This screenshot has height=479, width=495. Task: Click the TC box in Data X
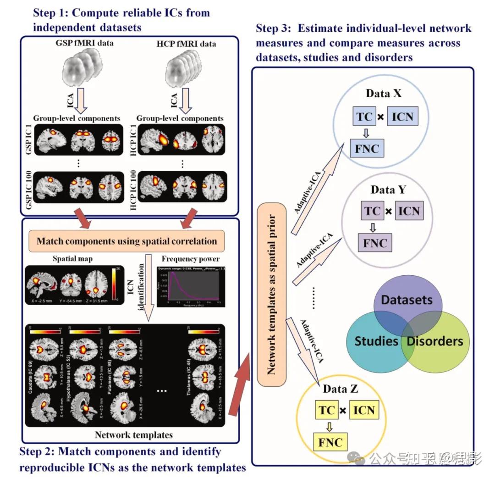point(365,117)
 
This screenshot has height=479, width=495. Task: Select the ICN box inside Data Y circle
point(409,211)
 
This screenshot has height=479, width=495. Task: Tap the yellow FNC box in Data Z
point(330,443)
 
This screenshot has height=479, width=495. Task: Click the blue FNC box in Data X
point(367,149)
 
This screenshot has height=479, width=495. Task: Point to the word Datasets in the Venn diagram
point(407,300)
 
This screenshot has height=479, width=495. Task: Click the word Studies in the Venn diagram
point(376,341)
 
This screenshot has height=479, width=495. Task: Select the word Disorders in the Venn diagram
point(435,341)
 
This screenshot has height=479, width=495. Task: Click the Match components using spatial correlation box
point(126,241)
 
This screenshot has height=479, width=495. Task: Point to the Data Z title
point(341,389)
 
